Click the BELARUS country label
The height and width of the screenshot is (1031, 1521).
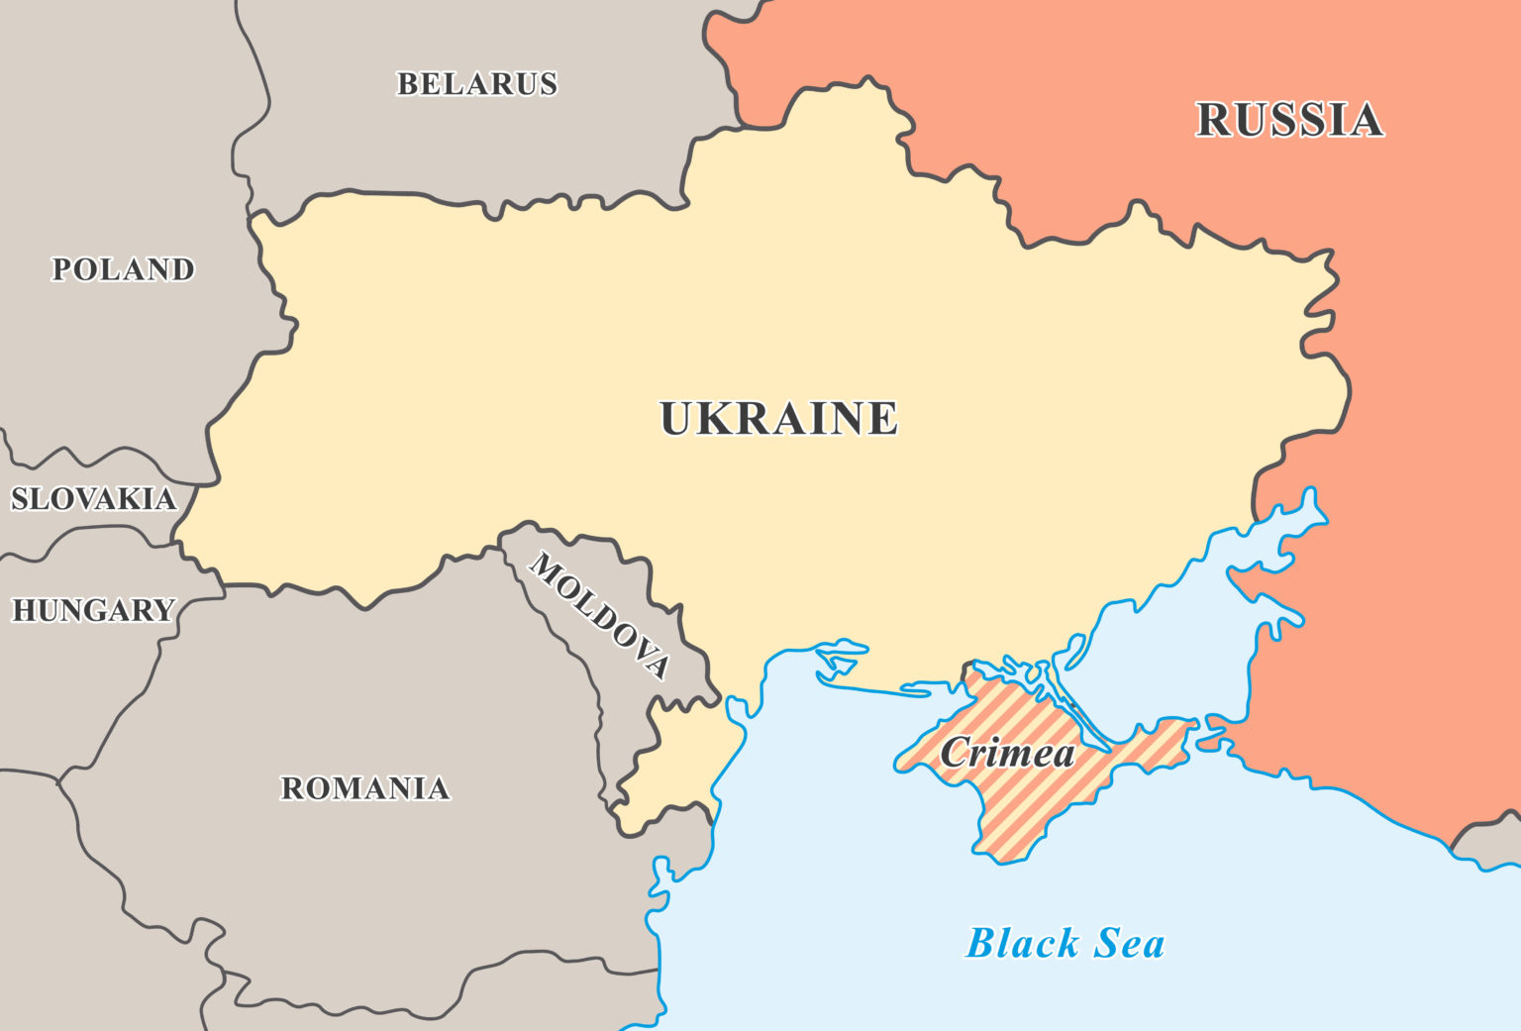click(476, 84)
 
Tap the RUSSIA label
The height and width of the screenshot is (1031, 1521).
click(1289, 120)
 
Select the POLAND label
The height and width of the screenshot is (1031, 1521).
click(123, 269)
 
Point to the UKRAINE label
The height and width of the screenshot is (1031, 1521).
click(778, 418)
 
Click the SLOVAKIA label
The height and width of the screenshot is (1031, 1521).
click(93, 498)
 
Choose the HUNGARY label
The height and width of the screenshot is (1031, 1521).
click(93, 610)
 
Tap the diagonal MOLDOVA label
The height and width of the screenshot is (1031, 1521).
click(600, 615)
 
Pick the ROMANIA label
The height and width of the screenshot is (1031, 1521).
click(365, 788)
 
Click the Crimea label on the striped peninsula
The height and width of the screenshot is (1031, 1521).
click(1007, 754)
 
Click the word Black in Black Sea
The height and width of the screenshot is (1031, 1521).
click(1023, 943)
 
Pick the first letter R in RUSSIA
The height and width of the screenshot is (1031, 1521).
click(1214, 120)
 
